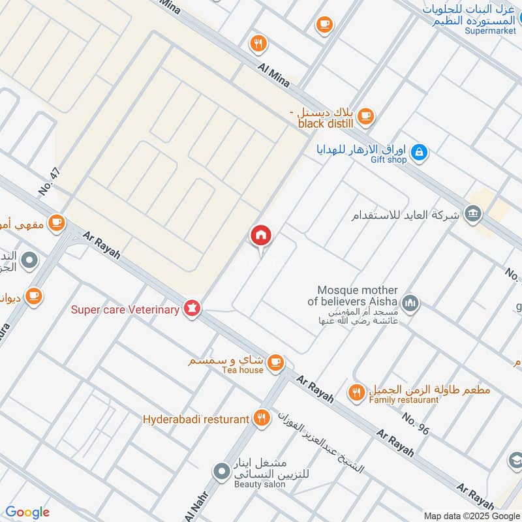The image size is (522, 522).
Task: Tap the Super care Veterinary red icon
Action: pos(192,308)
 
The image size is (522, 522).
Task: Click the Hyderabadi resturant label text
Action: pos(196,419)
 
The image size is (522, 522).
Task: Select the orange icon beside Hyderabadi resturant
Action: pos(262,418)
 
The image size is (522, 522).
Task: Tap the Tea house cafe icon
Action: pos(276,361)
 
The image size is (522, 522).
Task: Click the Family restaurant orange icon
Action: pos(356,391)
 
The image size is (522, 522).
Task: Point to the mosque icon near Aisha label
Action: pos(410,302)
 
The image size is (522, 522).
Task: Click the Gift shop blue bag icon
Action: pos(421,152)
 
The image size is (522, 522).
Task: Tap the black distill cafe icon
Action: pos(366,115)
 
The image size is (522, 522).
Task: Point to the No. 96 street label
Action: pos(416,424)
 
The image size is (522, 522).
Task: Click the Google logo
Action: pos(27,512)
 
